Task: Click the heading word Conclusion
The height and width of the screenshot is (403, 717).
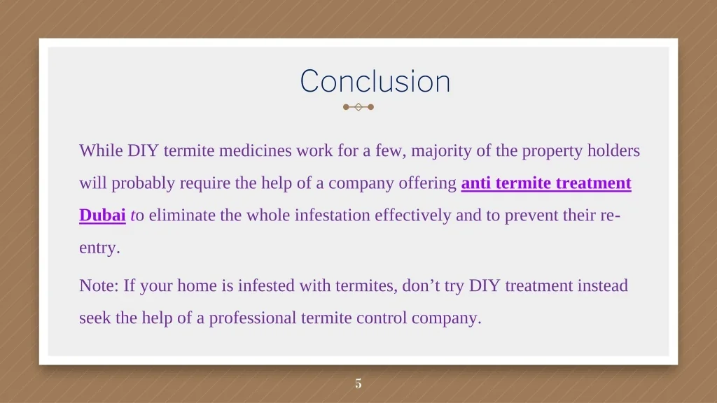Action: click(375, 81)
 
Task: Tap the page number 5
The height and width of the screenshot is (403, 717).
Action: click(358, 383)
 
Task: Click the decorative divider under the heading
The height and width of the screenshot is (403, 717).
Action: click(358, 107)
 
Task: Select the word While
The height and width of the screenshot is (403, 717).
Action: click(101, 150)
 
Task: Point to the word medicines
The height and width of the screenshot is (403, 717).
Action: click(255, 150)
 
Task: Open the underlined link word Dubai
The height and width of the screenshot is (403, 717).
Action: click(102, 215)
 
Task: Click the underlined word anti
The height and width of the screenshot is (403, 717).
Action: click(476, 183)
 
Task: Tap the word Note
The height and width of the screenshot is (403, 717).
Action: click(97, 285)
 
